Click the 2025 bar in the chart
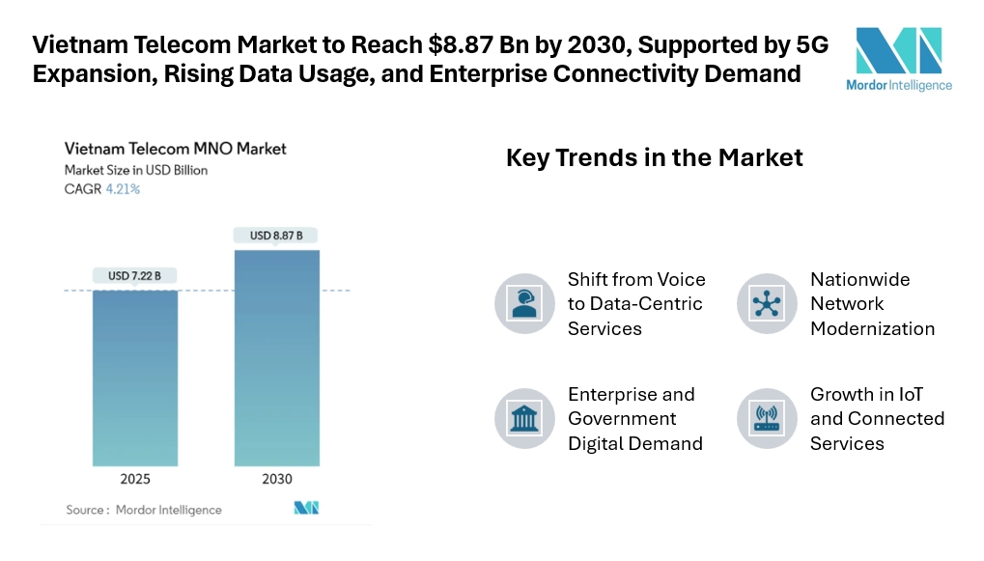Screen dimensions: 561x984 pos(135,377)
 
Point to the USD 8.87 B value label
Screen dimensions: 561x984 pos(276,235)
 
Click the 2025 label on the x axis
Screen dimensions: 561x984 pos(135,479)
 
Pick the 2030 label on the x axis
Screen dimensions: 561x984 pos(276,479)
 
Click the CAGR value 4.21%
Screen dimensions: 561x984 pos(123,189)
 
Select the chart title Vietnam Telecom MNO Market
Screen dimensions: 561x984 pos(175,149)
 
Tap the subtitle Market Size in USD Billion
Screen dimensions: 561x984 pos(135,170)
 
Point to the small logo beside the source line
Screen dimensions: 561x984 pos(306,508)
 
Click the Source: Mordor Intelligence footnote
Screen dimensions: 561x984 pos(143,510)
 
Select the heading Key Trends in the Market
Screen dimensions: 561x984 pos(654,157)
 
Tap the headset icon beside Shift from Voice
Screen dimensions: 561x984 pos(523,303)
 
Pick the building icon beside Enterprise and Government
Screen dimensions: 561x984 pos(523,418)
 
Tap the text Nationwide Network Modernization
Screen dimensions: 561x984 pos(872,303)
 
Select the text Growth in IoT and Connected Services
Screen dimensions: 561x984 pos(876,418)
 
